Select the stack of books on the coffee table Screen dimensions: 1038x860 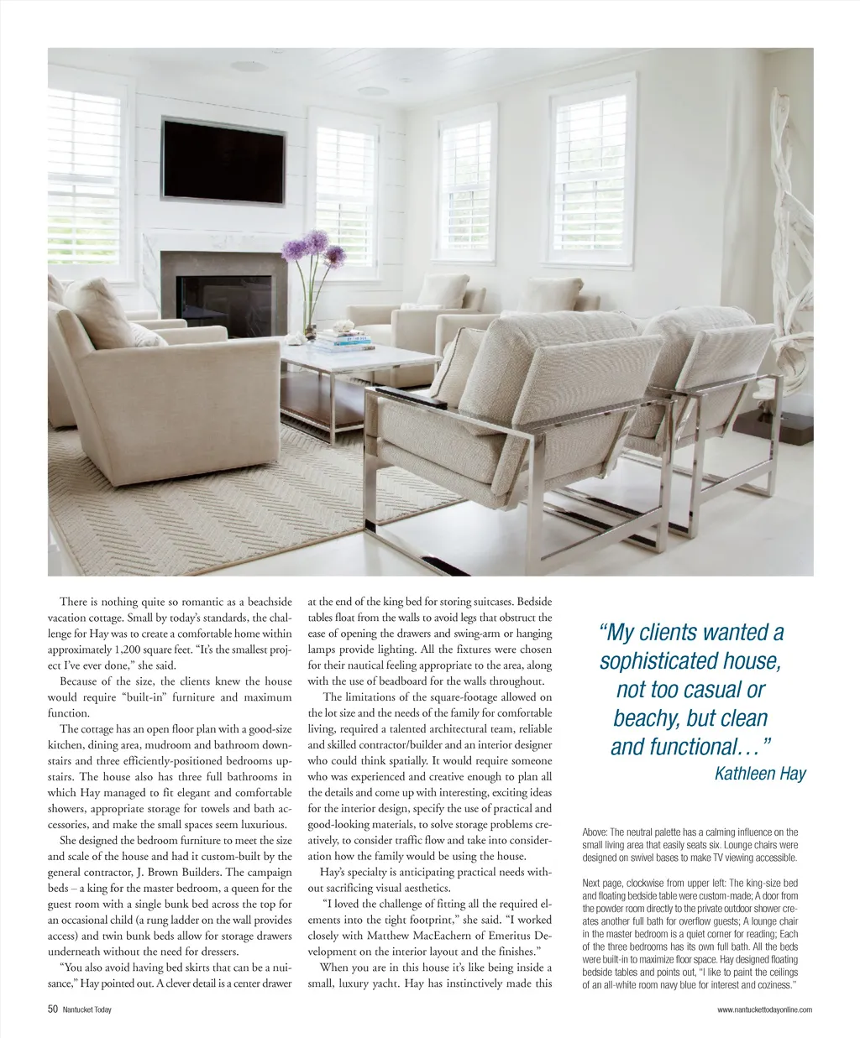pyautogui.click(x=342, y=340)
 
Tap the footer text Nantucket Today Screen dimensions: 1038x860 pyautogui.click(x=87, y=1009)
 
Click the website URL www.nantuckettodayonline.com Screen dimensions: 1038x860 pyautogui.click(x=764, y=1009)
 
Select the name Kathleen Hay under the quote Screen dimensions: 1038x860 pyautogui.click(x=760, y=774)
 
